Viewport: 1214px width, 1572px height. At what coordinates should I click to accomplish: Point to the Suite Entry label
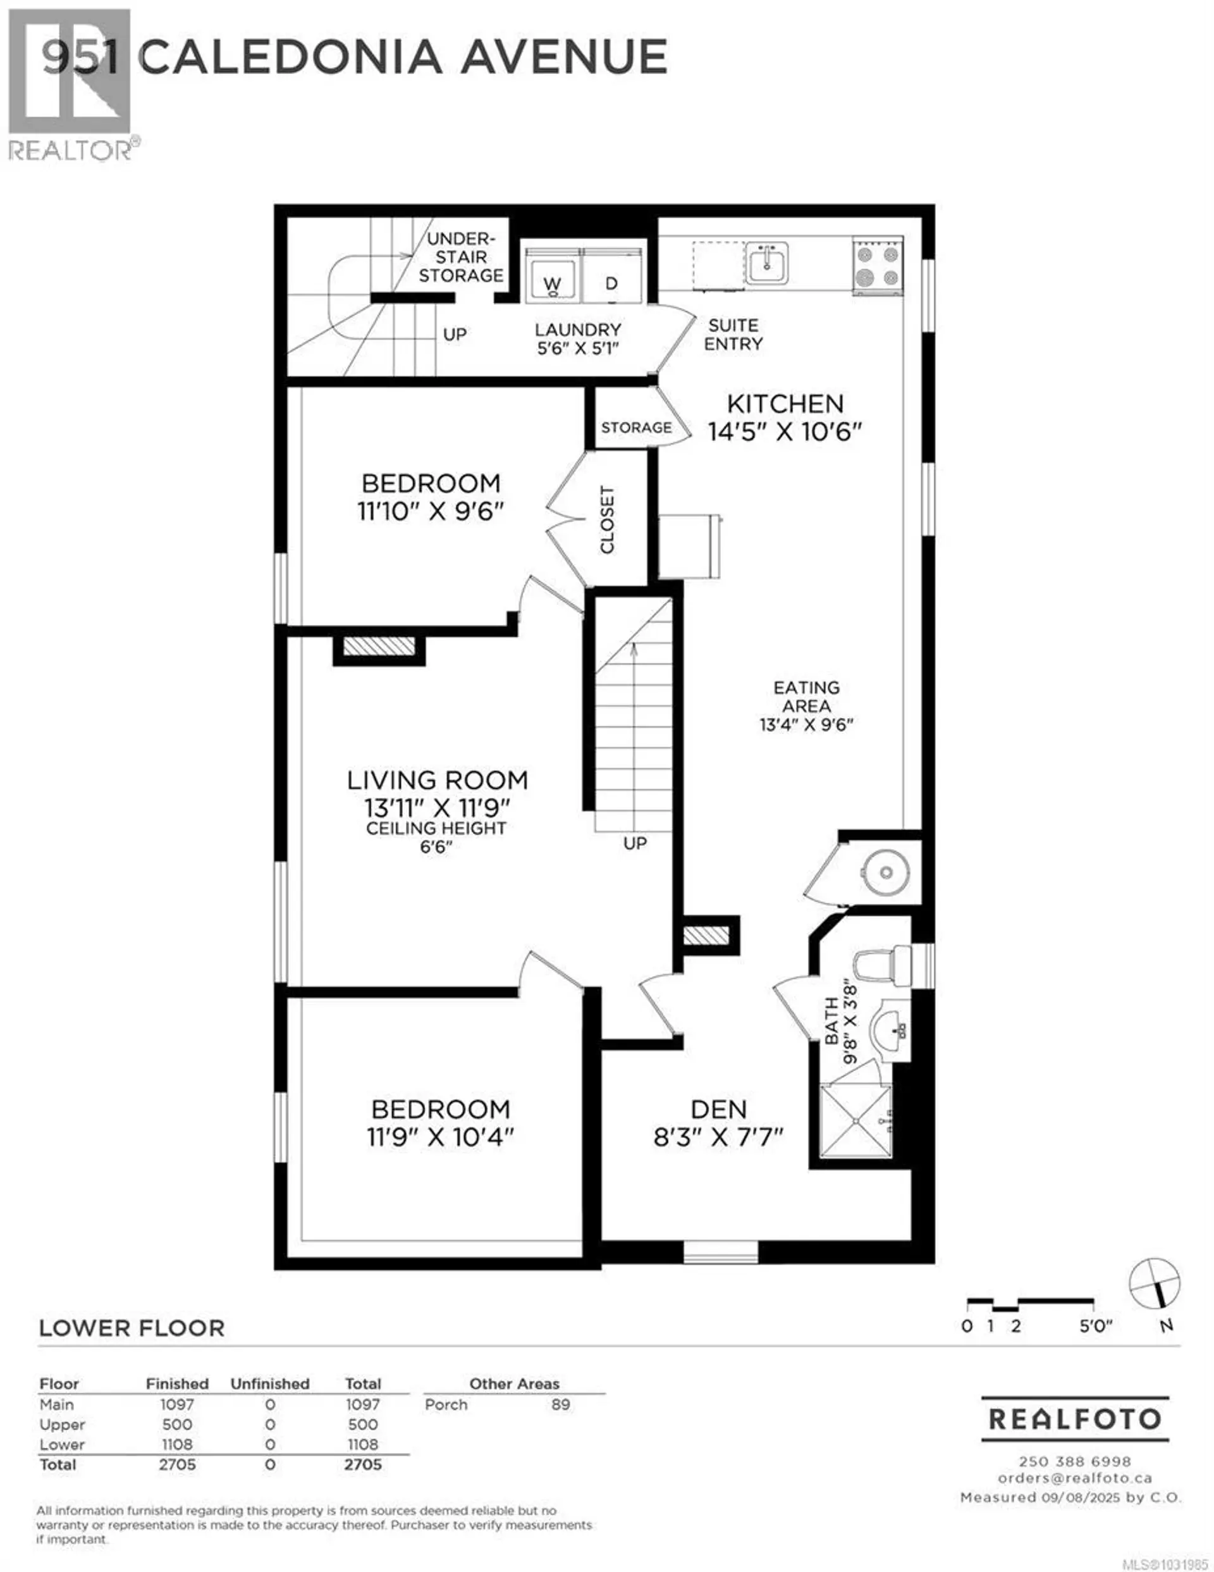tap(733, 335)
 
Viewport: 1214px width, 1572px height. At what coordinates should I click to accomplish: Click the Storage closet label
tap(636, 428)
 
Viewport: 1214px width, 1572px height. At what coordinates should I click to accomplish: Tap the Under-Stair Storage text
tap(460, 257)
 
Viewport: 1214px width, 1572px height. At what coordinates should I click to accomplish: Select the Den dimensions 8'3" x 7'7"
tap(718, 1137)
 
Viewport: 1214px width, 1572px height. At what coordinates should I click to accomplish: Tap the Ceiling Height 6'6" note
tap(436, 837)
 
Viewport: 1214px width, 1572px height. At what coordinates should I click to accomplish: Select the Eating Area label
tap(806, 696)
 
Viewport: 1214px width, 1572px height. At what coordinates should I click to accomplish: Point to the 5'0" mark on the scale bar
tap(1095, 1326)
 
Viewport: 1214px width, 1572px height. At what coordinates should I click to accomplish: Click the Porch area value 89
tap(561, 1404)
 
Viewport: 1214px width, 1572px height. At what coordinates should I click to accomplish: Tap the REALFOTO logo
tap(1074, 1419)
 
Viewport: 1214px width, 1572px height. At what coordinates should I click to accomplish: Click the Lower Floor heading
tap(132, 1328)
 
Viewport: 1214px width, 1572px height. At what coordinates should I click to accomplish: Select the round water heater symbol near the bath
tap(886, 873)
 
